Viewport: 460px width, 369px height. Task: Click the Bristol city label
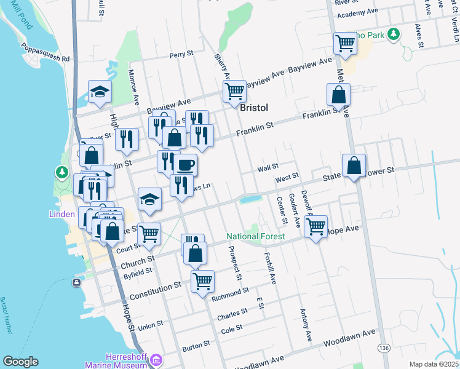coord(254,107)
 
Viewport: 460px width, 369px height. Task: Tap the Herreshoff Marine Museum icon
coord(156,359)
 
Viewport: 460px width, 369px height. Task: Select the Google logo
coord(20,362)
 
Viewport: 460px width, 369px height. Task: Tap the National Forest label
coord(255,236)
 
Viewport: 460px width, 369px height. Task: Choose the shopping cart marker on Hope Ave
coord(315,226)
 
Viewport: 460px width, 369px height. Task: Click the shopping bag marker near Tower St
coord(354,165)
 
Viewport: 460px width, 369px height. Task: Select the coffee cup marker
coord(186,165)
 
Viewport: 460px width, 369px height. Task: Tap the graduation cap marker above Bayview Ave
coord(100,92)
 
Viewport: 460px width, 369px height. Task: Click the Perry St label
coord(181,55)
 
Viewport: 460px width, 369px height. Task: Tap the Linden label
coord(61,215)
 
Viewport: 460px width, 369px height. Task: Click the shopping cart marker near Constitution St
coord(202,281)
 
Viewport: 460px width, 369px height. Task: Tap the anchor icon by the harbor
coord(76,283)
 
